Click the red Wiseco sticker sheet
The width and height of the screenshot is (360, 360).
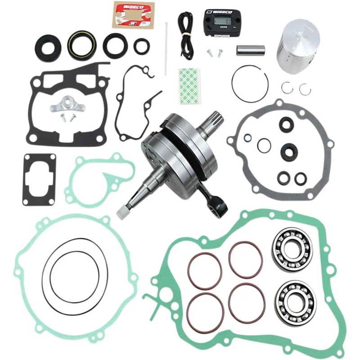click(x=130, y=13)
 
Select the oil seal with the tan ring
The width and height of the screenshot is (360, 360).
click(x=82, y=45)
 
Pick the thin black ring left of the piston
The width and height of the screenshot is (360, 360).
click(x=250, y=84)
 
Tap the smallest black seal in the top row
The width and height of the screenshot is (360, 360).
click(x=142, y=45)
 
